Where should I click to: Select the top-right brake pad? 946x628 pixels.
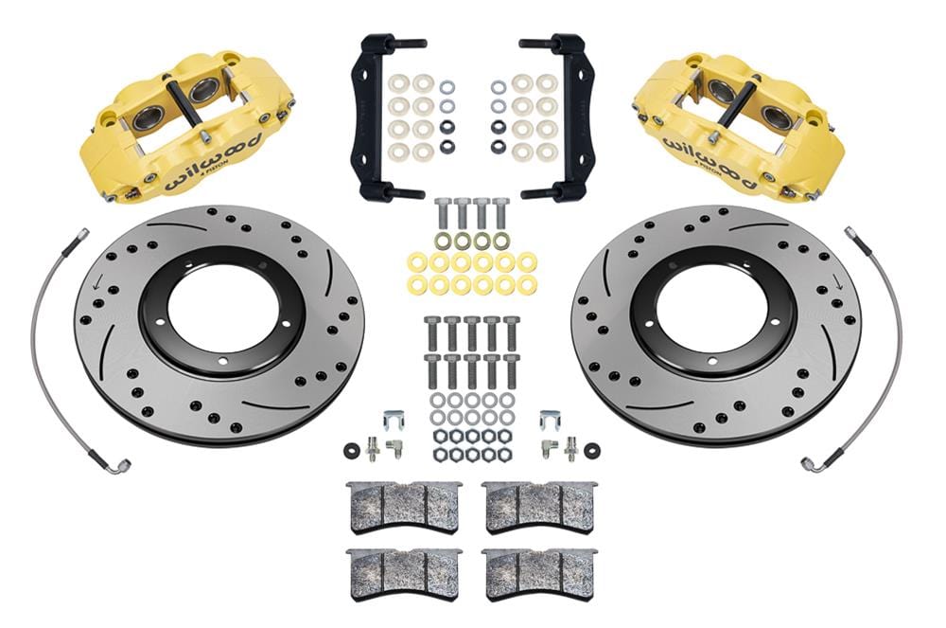pos(538,507)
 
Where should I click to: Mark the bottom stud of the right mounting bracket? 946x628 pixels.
pos(539,194)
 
